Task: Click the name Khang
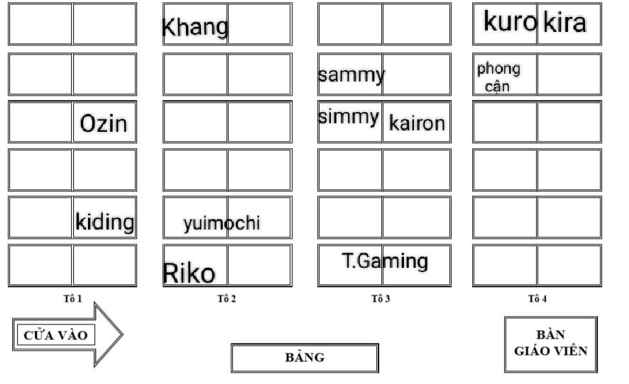click(195, 28)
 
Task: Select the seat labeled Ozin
click(104, 124)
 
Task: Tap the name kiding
click(104, 222)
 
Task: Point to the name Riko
click(190, 272)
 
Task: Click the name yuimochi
click(221, 224)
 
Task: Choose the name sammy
click(351, 74)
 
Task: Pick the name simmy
click(349, 118)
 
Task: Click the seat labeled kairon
click(417, 124)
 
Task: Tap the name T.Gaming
click(385, 261)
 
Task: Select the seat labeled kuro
click(509, 22)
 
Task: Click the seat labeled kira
click(565, 23)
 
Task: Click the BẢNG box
click(305, 357)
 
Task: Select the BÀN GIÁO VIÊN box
click(551, 343)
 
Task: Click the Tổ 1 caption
click(72, 298)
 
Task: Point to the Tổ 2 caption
click(226, 298)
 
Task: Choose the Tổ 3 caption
click(381, 298)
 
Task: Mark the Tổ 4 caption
click(537, 298)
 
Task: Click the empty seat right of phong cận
click(569, 74)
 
